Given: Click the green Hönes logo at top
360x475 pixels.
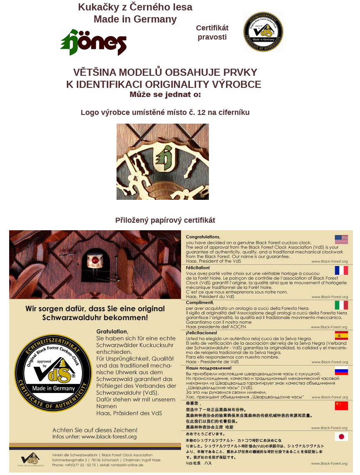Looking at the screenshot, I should click(93, 42).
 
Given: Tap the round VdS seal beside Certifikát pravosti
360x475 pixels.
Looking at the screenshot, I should click(263, 32).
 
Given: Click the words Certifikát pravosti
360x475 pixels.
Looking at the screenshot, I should click(212, 32).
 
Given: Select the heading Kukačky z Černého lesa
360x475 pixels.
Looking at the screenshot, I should click(135, 7).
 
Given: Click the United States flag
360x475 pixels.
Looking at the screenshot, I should click(341, 239).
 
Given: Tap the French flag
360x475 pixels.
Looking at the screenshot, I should click(341, 270).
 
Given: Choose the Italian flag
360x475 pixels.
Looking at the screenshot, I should click(341, 305).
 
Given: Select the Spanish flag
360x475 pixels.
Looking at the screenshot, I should click(341, 336).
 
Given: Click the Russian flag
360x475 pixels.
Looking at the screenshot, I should click(341, 371).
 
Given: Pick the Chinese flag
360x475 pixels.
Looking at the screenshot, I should click(341, 405).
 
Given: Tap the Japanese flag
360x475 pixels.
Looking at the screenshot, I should click(341, 437).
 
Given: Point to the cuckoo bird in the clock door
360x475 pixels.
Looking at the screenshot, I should click(95, 261).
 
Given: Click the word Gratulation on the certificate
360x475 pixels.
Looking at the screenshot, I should click(112, 331).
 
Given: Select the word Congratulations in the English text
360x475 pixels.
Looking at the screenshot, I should click(203, 237).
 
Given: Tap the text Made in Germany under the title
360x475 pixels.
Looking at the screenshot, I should click(135, 19).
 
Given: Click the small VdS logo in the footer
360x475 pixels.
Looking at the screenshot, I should click(30, 459).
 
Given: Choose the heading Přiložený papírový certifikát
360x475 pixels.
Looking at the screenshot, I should click(165, 220).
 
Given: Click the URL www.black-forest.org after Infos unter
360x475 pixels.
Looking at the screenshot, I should click(109, 437).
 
